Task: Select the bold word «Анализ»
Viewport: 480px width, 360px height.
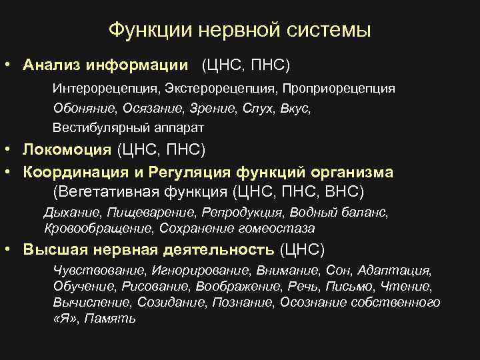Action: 49,65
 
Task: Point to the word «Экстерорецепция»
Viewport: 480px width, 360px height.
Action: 214,89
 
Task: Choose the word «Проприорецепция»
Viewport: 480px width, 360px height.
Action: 339,89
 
